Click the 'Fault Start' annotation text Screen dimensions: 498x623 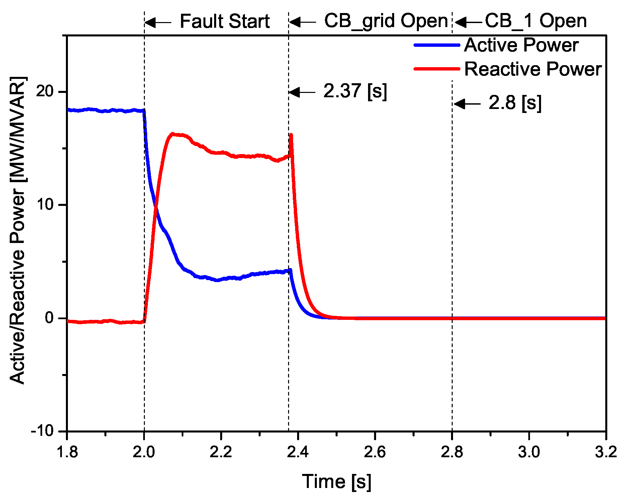(225, 21)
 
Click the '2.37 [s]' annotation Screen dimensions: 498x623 (355, 91)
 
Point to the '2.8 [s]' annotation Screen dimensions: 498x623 (515, 103)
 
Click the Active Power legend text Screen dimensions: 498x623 (521, 45)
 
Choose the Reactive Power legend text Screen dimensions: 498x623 (533, 69)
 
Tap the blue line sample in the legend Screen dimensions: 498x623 (437, 45)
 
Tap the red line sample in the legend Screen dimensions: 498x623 (437, 69)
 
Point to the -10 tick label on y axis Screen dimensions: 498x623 (42, 430)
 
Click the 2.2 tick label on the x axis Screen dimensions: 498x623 (221, 452)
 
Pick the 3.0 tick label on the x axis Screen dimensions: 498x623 (529, 452)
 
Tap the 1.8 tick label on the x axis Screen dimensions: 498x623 (67, 452)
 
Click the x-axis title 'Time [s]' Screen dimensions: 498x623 (337, 482)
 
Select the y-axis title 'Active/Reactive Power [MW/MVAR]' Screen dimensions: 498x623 (17, 231)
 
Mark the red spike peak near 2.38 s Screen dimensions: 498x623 (291, 135)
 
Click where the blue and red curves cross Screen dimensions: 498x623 (156, 209)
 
